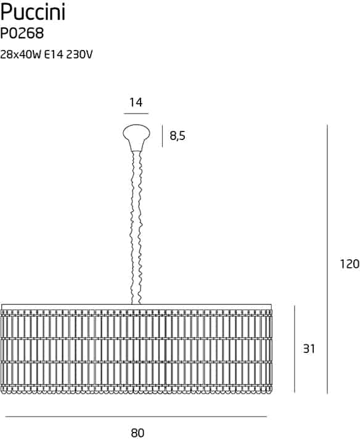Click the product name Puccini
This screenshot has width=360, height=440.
tap(33, 12)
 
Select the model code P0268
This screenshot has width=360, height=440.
tap(22, 34)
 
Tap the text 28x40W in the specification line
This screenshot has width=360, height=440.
tap(21, 54)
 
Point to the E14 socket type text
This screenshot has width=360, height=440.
tap(54, 54)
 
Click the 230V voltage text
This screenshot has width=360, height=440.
tap(80, 54)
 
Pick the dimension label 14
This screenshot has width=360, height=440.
tap(136, 102)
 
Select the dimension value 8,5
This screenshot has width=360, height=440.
tap(178, 136)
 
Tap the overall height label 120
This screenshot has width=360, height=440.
tap(350, 264)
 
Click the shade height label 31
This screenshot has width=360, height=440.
tap(309, 349)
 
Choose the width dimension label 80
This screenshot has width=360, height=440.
tap(137, 433)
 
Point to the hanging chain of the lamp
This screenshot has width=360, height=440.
tap(137, 227)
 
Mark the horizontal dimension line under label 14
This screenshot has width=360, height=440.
tap(136, 114)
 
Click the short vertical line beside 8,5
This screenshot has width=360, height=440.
tap(162, 136)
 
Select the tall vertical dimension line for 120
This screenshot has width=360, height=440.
tap(327, 259)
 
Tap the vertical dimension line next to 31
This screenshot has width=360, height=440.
tap(295, 349)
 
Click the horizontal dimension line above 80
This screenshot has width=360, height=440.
tap(136, 417)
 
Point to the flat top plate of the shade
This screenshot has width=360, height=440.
tap(137, 307)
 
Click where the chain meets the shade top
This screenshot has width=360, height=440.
tap(136, 304)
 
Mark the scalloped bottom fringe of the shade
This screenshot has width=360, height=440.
tap(137, 390)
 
